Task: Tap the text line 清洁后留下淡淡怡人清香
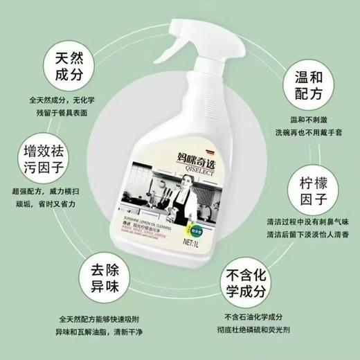pyautogui.click(x=300, y=236)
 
